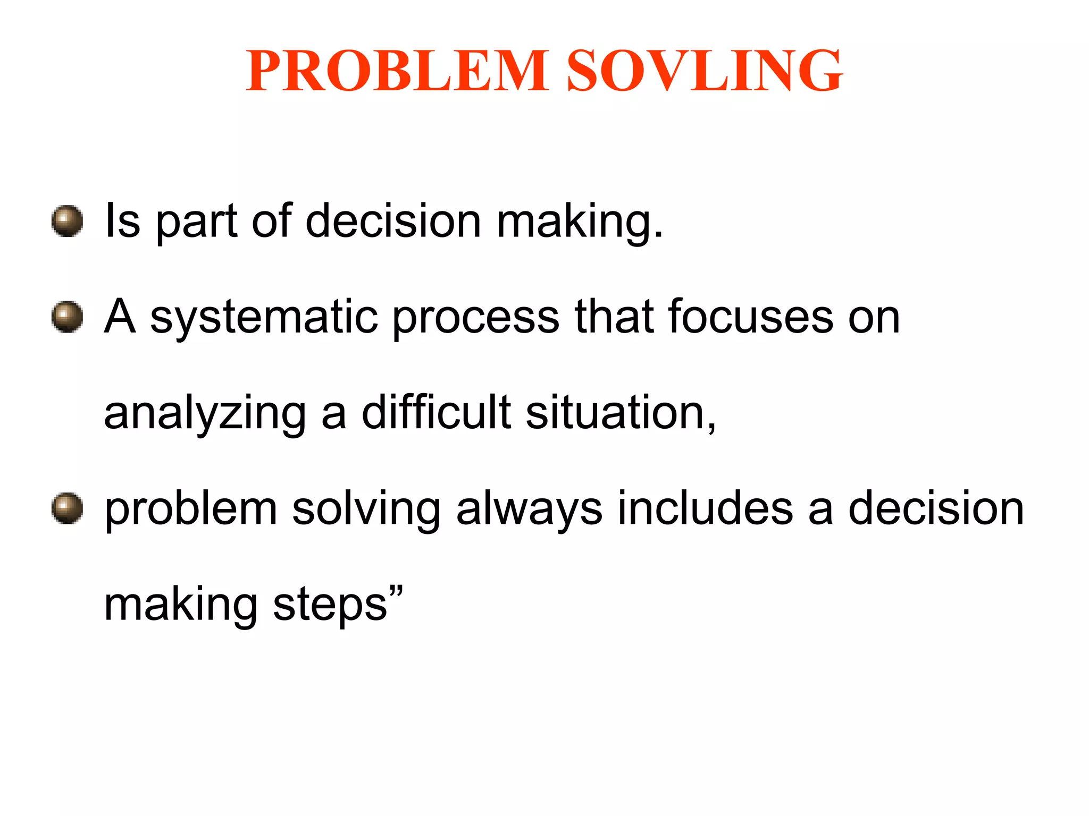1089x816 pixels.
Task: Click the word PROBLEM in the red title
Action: click(x=396, y=71)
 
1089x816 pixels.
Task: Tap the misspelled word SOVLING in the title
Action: click(x=705, y=71)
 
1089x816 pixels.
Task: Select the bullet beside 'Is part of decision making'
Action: click(x=67, y=221)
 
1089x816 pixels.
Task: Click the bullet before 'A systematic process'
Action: click(x=67, y=317)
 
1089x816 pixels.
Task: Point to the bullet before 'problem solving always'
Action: click(x=67, y=508)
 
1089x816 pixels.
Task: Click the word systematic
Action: click(x=264, y=318)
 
